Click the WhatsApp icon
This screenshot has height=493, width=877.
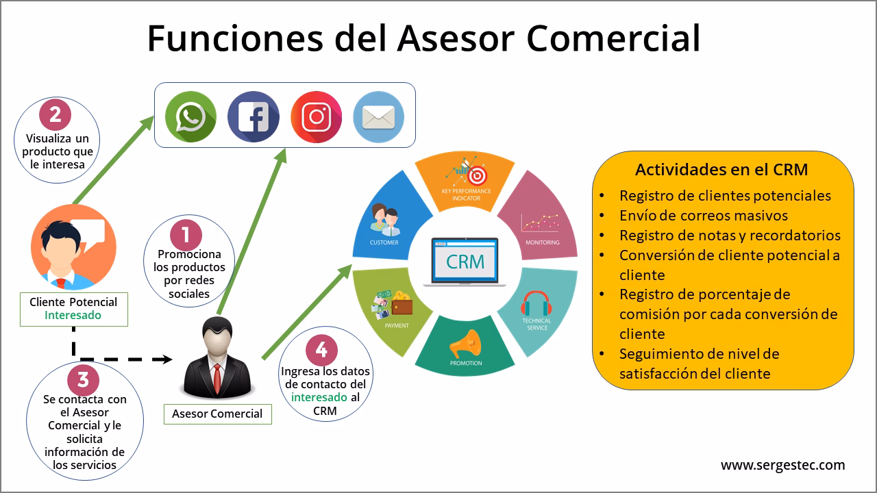click(x=190, y=116)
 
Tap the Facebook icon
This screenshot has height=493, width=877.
click(x=254, y=116)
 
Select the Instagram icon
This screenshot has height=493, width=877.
click(x=317, y=116)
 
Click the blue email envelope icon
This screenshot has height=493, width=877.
click(x=379, y=116)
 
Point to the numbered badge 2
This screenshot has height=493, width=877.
click(x=55, y=114)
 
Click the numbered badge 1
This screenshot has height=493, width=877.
click(x=186, y=235)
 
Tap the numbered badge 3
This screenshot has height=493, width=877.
click(x=83, y=379)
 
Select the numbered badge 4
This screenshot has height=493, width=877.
click(x=321, y=350)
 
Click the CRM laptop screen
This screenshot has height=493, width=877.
click(x=465, y=261)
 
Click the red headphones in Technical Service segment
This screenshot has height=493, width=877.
click(x=536, y=303)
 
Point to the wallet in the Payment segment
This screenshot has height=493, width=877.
click(x=402, y=306)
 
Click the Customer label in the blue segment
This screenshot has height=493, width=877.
click(x=384, y=242)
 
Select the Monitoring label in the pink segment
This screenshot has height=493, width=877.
click(x=543, y=242)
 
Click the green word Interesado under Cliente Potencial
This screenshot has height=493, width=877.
click(x=73, y=315)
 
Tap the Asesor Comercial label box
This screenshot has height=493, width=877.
click(x=218, y=414)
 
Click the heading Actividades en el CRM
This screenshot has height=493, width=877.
click(x=721, y=169)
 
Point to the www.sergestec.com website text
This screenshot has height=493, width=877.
click(x=783, y=465)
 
